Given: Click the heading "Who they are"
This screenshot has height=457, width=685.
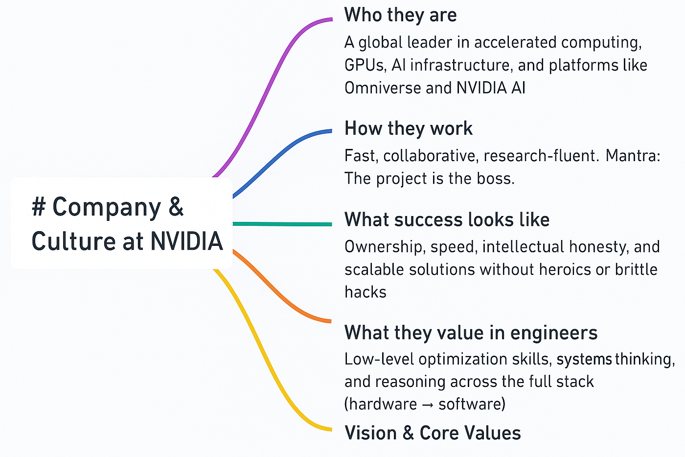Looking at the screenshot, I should pos(400,15).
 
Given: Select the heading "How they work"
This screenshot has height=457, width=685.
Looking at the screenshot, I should pos(408,129).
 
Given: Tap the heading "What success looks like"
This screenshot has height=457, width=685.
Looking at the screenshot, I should pos(447,220).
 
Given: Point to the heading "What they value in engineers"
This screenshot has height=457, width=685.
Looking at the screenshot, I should pos(471,333).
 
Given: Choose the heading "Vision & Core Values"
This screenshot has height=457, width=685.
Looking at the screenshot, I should pos(433,433).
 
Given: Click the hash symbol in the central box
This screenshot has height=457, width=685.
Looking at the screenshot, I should pos(39,207).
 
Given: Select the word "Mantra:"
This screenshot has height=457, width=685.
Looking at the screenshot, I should pos(633,156).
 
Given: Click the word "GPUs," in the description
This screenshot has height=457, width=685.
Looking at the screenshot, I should pos(365,66).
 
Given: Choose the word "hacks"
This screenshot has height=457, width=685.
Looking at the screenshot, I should pos(365,292).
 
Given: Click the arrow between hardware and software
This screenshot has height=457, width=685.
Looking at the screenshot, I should pos(427,405).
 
